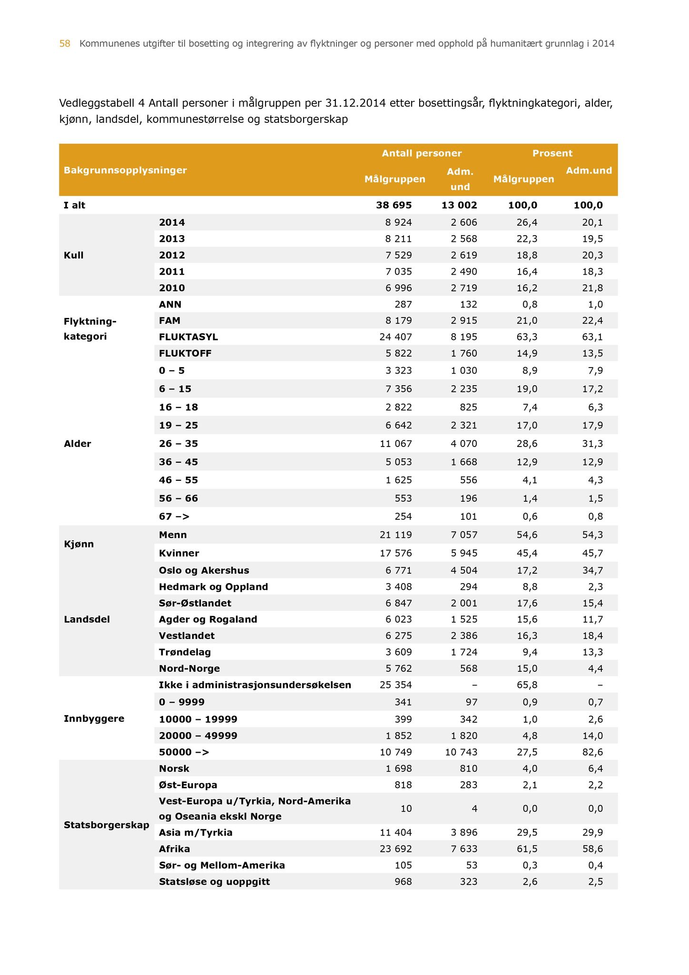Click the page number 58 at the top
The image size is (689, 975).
tap(65, 44)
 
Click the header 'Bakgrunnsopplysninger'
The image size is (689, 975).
tap(125, 170)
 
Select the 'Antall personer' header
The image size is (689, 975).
tap(422, 153)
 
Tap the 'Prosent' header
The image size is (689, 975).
tap(552, 153)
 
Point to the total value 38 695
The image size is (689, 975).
tap(394, 205)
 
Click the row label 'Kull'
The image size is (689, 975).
tap(73, 255)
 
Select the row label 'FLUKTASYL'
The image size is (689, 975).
tap(188, 337)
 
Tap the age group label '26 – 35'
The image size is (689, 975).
tap(178, 444)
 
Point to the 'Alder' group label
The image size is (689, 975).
tap(77, 444)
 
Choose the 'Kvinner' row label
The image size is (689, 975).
tap(179, 553)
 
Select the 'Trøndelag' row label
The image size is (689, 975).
tap(185, 652)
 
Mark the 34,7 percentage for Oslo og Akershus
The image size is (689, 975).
tap(592, 570)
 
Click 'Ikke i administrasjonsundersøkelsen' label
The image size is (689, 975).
tap(255, 685)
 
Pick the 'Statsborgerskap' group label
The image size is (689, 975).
tap(106, 825)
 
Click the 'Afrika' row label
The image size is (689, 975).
tap(174, 849)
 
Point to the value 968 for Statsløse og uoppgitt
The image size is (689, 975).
tap(402, 882)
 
